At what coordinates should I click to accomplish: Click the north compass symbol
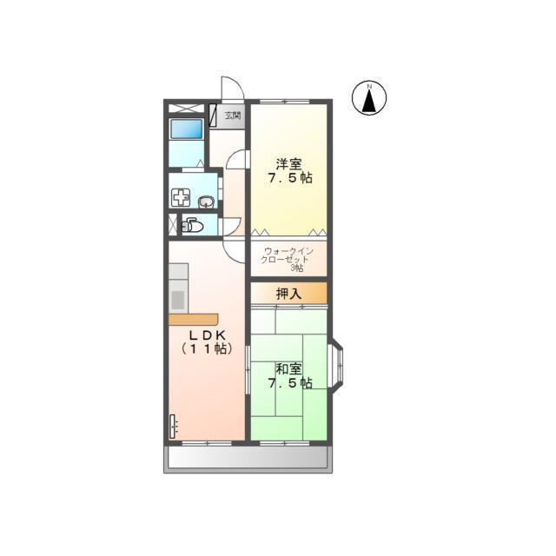pos(369,98)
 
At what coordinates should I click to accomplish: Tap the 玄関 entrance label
pos(233,116)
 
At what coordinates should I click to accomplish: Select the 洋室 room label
pos(289,164)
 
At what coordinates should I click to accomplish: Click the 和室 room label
pos(289,369)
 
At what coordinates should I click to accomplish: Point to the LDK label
pos(208,334)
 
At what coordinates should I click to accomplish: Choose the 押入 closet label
pos(289,294)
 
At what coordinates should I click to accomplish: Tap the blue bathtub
pos(187,129)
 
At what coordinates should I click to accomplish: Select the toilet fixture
pos(192,225)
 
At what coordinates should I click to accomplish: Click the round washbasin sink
pos(206,202)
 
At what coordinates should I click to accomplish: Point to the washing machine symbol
pos(181,198)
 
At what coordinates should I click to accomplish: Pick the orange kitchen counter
pos(193,320)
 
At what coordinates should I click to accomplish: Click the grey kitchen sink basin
pos(178,300)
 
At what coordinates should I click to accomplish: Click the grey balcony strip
pos(248,458)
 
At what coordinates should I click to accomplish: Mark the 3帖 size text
pos(297,268)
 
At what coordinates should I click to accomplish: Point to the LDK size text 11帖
pos(208,349)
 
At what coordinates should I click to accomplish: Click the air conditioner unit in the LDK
pos(173,427)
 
